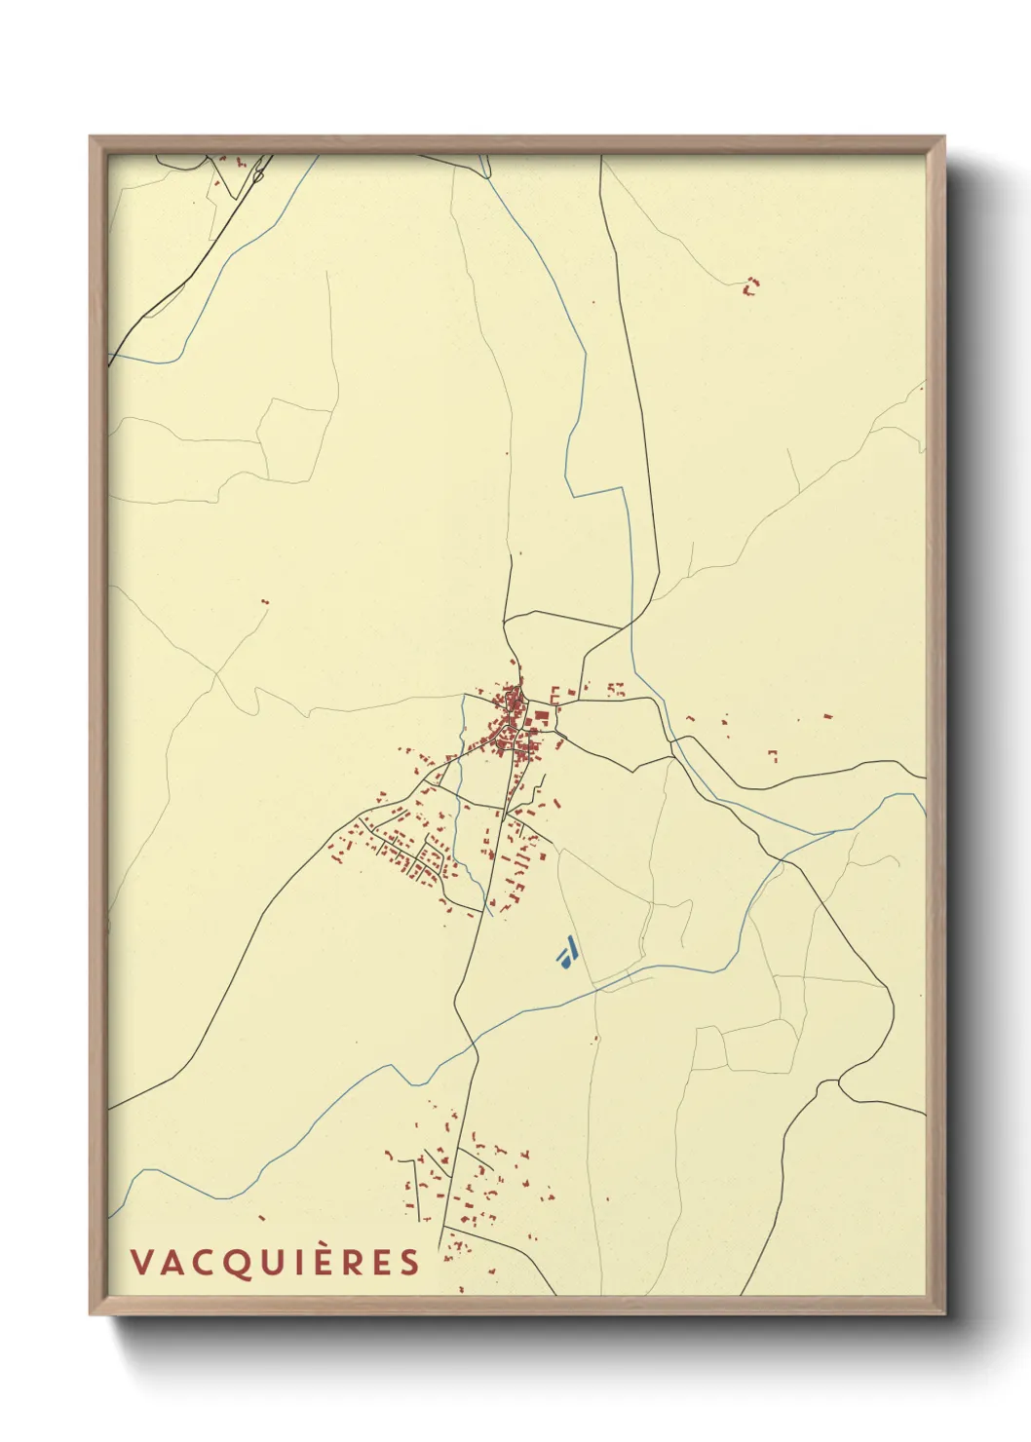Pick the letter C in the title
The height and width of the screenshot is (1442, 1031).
205,1263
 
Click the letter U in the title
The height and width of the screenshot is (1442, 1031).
271,1263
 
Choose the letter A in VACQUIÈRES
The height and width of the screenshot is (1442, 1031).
172,1263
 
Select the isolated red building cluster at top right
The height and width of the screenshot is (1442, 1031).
750,285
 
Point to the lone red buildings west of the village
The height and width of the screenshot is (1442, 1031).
264,602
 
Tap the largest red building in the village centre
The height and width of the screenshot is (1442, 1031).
540,716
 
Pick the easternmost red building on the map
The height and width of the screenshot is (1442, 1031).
827,716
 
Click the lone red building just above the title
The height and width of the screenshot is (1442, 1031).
261,1217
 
